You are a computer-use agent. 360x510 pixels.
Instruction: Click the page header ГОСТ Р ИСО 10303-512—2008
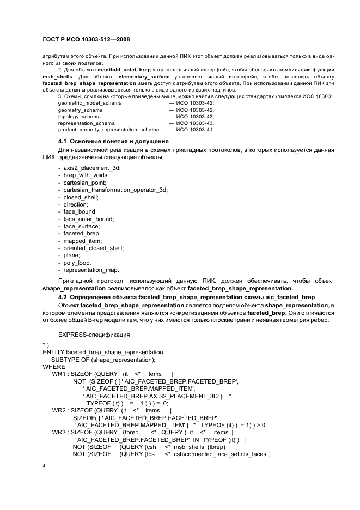coord(85,39)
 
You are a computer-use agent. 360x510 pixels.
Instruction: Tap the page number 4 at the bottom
coord(44,466)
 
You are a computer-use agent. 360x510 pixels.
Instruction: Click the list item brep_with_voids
coord(86,175)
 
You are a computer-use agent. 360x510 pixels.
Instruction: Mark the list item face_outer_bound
coord(89,219)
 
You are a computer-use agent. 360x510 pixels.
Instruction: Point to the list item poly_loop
coord(77,263)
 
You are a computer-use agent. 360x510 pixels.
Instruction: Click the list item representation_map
coord(91,270)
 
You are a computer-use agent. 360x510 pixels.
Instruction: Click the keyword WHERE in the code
coord(53,367)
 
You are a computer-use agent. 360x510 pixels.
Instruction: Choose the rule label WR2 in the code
coord(60,410)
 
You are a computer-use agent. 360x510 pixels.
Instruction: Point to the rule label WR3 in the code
coord(60,432)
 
